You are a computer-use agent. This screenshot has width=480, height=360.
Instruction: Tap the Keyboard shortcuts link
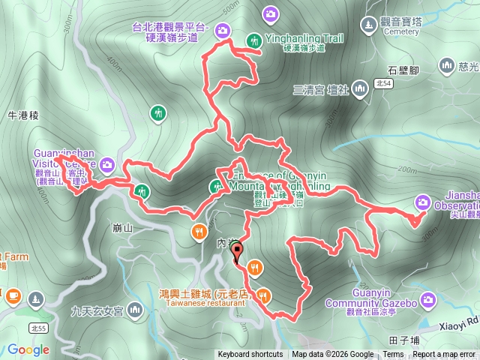[x=250, y=355]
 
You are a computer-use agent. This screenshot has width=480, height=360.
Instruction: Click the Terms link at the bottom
[x=393, y=355]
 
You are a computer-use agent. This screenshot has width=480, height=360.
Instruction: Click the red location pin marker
[x=238, y=253]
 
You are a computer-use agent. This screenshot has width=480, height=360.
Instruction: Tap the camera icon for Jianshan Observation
[x=423, y=202]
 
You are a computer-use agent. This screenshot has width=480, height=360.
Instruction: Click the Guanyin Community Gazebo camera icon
[x=428, y=302]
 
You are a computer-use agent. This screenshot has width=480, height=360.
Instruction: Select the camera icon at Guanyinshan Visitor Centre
[x=108, y=163]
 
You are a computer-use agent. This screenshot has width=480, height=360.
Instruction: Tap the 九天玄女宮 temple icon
[x=135, y=309]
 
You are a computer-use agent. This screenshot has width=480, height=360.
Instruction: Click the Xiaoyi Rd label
[x=460, y=328]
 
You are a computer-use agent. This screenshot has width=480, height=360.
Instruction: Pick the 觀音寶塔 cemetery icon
[x=369, y=23]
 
